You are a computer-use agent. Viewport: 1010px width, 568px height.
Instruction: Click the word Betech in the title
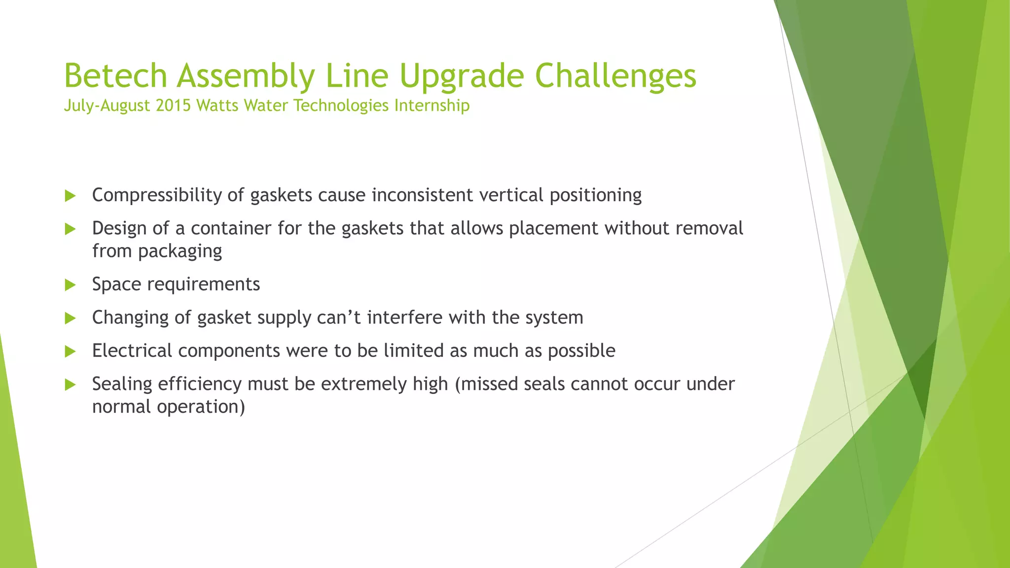(116, 76)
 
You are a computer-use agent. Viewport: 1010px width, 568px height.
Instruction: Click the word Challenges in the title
(615, 76)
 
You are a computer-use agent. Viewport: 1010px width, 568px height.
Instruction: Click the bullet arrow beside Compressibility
(70, 196)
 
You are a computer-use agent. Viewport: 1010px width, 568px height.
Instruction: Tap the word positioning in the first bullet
(595, 195)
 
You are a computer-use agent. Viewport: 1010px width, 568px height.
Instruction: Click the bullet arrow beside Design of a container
(70, 229)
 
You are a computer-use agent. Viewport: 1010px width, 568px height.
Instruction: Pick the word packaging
(180, 251)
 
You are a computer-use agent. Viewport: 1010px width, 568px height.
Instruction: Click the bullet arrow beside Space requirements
(70, 284)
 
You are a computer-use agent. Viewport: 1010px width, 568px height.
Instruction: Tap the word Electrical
(132, 351)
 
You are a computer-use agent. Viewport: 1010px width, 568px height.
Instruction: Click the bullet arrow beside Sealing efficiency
(70, 385)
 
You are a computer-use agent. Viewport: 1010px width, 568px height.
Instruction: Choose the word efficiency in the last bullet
(200, 384)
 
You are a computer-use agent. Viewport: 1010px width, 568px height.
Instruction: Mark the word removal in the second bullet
(709, 228)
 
